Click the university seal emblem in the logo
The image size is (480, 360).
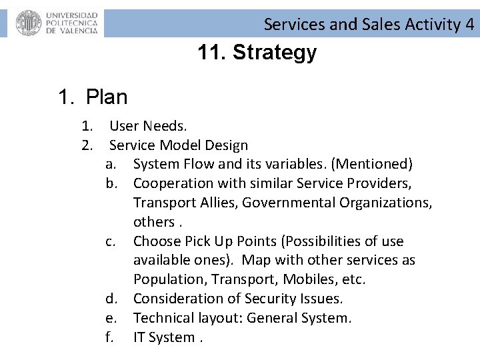(29, 23)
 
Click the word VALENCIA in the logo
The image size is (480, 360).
(72, 31)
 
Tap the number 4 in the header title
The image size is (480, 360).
(470, 25)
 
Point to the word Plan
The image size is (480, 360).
(107, 97)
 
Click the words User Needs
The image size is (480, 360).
(148, 126)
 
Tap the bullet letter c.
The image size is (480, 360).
(109, 241)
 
